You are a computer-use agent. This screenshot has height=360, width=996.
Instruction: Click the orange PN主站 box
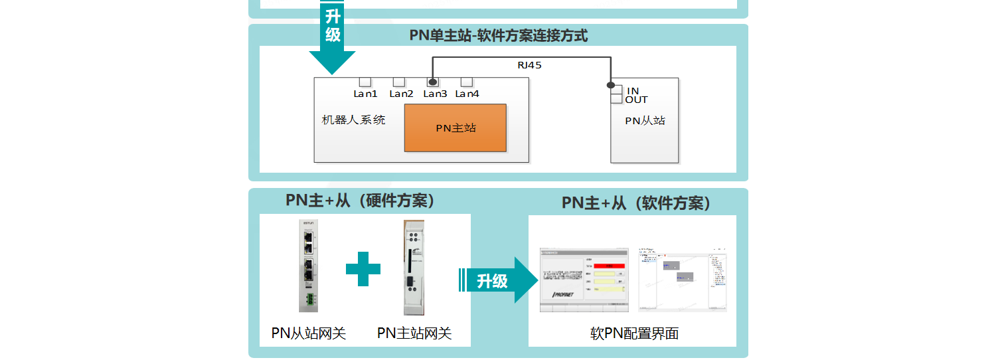pyautogui.click(x=455, y=128)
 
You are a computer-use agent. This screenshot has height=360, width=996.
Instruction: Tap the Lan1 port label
pyautogui.click(x=365, y=94)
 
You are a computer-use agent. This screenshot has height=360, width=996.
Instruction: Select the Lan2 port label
pyautogui.click(x=401, y=94)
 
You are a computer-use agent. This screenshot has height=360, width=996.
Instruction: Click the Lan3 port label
pyautogui.click(x=435, y=94)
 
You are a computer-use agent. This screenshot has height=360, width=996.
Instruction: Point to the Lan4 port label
pyautogui.click(x=467, y=94)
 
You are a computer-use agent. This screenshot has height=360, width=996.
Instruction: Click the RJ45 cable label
pyautogui.click(x=529, y=65)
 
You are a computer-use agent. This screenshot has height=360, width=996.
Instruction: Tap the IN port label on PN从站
pyautogui.click(x=633, y=90)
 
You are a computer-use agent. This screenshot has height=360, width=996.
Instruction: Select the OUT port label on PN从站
pyautogui.click(x=636, y=100)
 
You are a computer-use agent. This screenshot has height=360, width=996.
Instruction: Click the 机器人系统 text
pyautogui.click(x=353, y=120)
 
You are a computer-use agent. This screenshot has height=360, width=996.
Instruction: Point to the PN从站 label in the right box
pyautogui.click(x=645, y=121)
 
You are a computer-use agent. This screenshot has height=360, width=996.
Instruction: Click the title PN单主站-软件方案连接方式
pyautogui.click(x=498, y=36)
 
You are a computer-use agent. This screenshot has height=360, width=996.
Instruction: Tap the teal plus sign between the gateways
pyautogui.click(x=363, y=269)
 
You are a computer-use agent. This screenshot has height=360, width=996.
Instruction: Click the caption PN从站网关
pyautogui.click(x=309, y=333)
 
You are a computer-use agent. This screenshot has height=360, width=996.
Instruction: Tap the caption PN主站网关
pyautogui.click(x=414, y=333)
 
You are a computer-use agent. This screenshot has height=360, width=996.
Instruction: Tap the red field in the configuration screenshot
pyautogui.click(x=605, y=266)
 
